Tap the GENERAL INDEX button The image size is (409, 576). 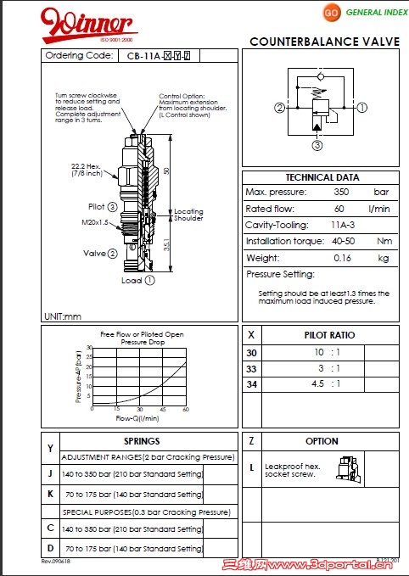tap(364, 14)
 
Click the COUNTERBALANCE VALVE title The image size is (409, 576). tap(325, 42)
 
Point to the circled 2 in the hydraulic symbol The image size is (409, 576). tap(279, 108)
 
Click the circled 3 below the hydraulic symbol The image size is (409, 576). tap(317, 145)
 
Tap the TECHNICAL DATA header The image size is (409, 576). tap(322, 177)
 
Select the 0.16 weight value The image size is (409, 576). tap(342, 258)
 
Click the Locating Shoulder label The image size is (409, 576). tap(188, 215)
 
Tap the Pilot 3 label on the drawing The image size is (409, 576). tap(103, 206)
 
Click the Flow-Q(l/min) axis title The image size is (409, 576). tap(137, 417)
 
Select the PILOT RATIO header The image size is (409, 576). tap(329, 335)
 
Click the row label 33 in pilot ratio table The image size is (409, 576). tap(250, 368)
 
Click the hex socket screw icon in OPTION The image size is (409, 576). tap(346, 467)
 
